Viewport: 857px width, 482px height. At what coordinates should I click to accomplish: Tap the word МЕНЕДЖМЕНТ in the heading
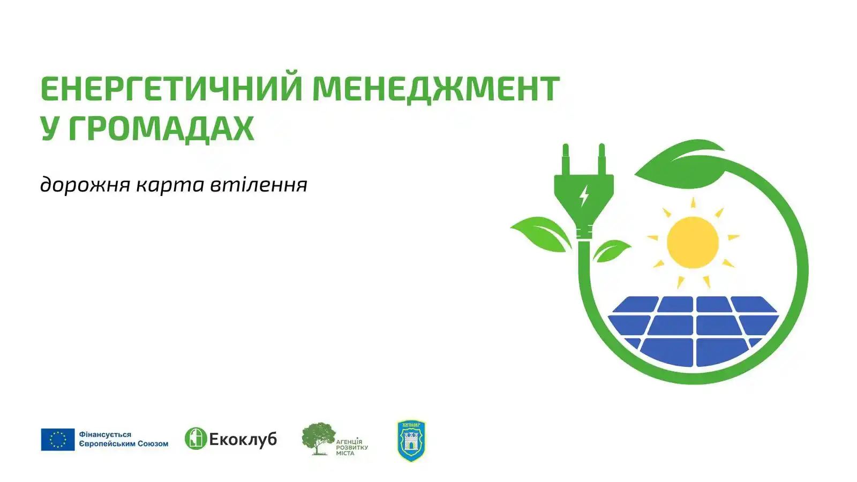pyautogui.click(x=435, y=88)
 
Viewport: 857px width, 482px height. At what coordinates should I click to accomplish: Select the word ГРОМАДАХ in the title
pyautogui.click(x=161, y=129)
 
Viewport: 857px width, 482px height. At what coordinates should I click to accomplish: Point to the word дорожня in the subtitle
pyautogui.click(x=85, y=185)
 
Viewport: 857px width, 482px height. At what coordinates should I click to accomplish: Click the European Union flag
pyautogui.click(x=58, y=440)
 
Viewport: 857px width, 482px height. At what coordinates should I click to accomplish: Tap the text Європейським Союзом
pyautogui.click(x=124, y=444)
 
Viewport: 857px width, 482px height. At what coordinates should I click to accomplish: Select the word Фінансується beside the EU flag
pyautogui.click(x=105, y=435)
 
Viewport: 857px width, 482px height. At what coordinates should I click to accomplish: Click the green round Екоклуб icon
pyautogui.click(x=196, y=439)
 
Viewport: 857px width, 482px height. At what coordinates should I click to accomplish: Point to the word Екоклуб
pyautogui.click(x=243, y=440)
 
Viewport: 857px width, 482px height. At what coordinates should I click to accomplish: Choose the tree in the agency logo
pyautogui.click(x=318, y=436)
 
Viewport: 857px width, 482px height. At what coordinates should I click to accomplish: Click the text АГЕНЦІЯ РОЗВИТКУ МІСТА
pyautogui.click(x=352, y=447)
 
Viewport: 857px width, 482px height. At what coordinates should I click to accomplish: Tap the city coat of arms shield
pyautogui.click(x=411, y=440)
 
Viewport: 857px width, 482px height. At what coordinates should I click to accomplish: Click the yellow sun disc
pyautogui.click(x=693, y=242)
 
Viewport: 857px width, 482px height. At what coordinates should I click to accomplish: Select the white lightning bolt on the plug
pyautogui.click(x=584, y=196)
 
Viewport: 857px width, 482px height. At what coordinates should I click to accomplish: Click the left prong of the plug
pyautogui.click(x=566, y=158)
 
